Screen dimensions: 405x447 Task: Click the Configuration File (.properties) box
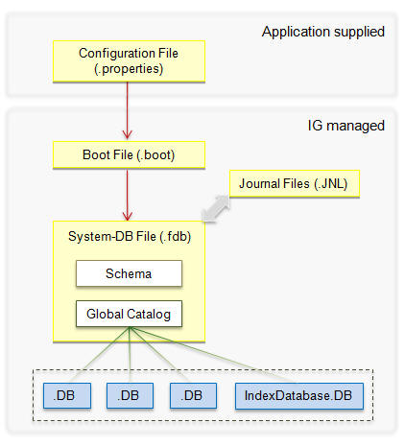[129, 61]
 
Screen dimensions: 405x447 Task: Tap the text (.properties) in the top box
[129, 69]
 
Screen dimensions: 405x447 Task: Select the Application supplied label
[323, 32]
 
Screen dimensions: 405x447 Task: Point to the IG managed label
[346, 126]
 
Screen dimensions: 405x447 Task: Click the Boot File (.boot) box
[129, 154]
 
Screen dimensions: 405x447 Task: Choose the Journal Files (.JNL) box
[295, 183]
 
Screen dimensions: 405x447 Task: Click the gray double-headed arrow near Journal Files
[216, 208]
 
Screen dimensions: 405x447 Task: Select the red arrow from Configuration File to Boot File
[128, 110]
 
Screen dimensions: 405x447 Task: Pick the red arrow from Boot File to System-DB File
[128, 195]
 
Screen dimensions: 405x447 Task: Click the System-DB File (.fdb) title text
[130, 237]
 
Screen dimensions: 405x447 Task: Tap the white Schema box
[129, 273]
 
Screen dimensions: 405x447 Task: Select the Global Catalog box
[129, 314]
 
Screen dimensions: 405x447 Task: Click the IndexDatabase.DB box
[299, 396]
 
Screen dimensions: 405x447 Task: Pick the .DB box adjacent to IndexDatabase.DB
[193, 396]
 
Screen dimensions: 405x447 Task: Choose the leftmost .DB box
[67, 396]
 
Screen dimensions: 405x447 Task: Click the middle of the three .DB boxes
[130, 396]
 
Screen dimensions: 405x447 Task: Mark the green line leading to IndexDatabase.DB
[212, 355]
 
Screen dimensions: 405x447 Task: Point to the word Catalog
[149, 315]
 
